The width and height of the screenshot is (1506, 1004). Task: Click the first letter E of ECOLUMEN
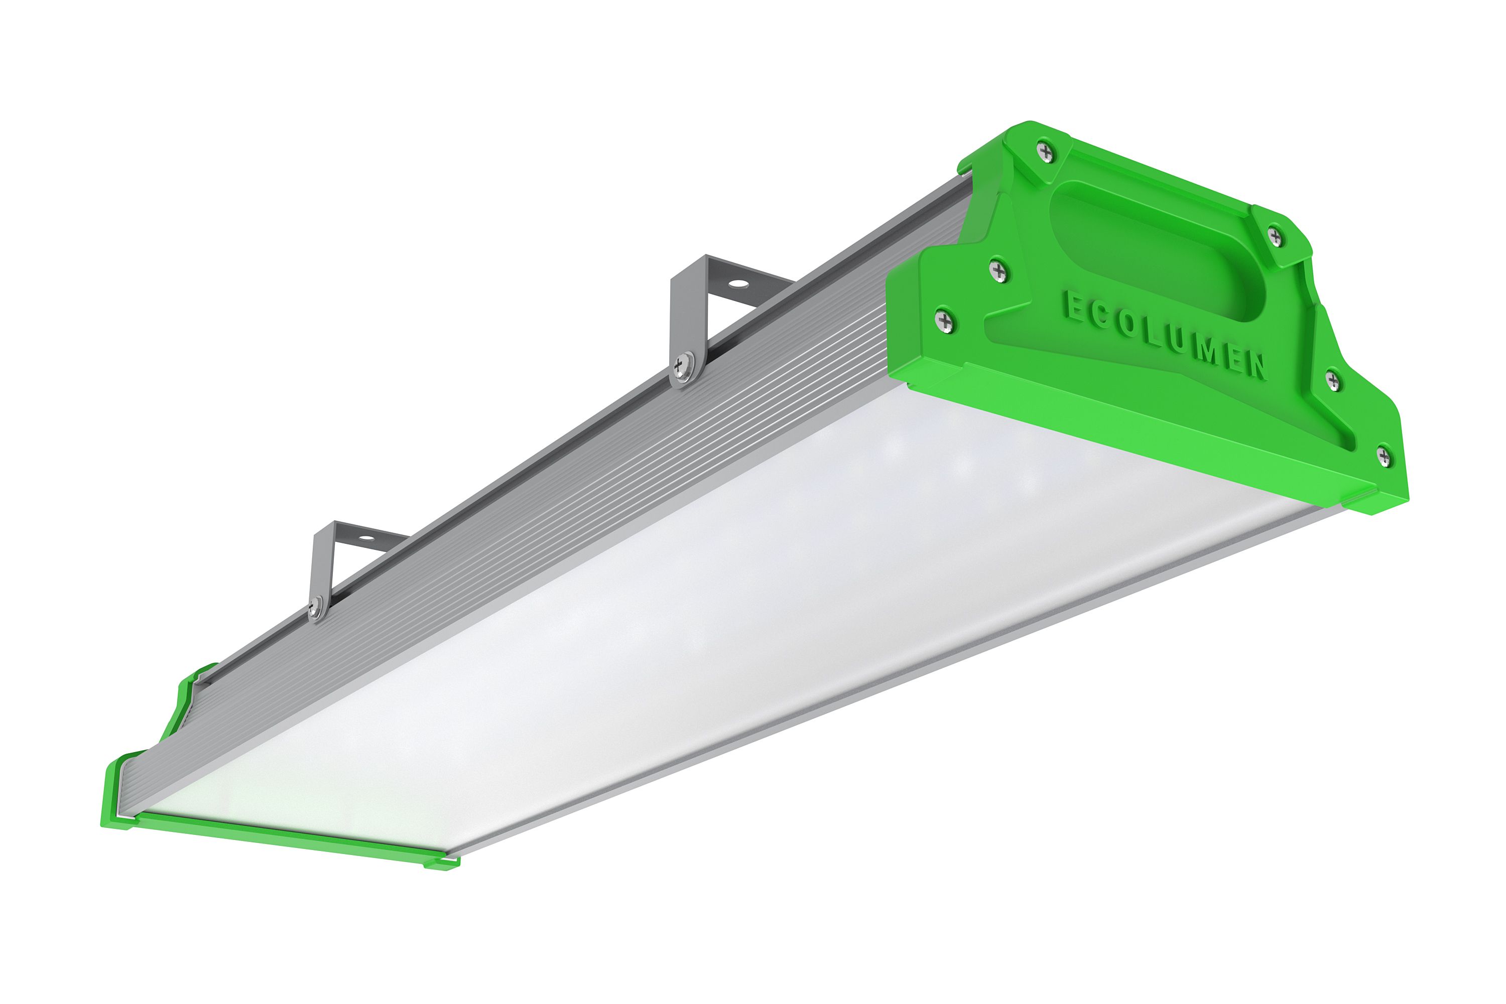(1072, 306)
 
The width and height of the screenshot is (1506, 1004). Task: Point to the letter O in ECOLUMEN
(1128, 323)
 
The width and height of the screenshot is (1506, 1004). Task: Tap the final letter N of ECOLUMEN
(1256, 364)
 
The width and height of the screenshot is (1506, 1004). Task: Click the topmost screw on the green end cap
(1046, 152)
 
